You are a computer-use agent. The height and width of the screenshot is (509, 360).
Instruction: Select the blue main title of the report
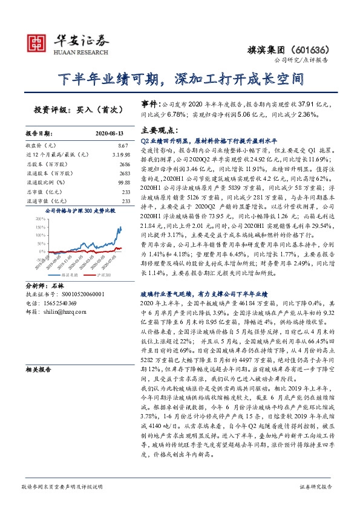(180, 79)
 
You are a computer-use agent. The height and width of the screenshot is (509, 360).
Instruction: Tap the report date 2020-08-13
(110, 132)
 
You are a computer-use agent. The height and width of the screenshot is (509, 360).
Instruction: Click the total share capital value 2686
(125, 164)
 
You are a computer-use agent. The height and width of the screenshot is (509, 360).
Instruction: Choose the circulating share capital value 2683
(125, 173)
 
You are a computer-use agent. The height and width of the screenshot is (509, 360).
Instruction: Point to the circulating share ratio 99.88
(123, 183)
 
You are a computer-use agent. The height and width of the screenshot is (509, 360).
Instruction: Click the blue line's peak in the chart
(120, 227)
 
